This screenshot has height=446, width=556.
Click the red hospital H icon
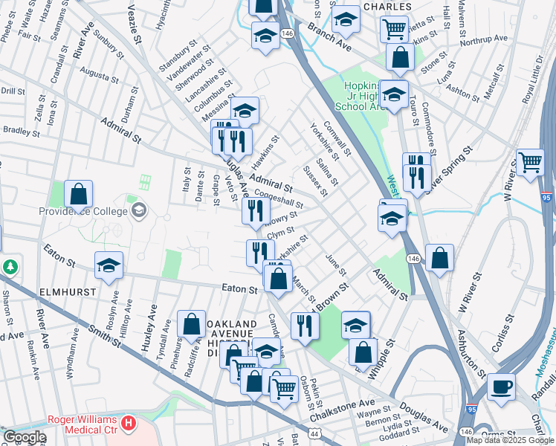[x=129, y=424]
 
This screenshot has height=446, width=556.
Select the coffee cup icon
[x=500, y=387]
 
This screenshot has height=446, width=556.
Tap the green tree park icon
[x=10, y=266]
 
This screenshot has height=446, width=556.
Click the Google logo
[x=25, y=437]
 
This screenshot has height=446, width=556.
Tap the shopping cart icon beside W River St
[x=530, y=161]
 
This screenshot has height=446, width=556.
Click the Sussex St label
[x=315, y=181]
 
